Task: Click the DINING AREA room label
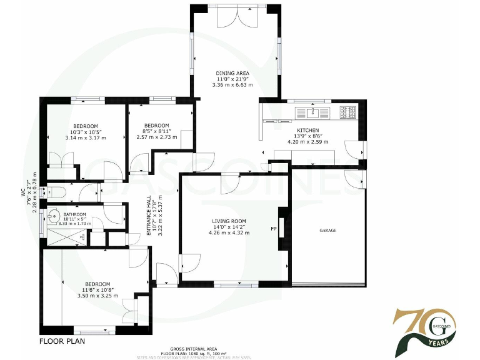tap(233, 73)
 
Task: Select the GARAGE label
tap(327, 231)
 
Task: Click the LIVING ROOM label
tap(229, 221)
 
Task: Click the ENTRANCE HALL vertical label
tap(149, 216)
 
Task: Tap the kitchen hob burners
tap(347, 112)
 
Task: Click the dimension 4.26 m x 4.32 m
tap(229, 233)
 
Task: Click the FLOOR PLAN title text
tap(62, 342)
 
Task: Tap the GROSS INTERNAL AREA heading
tap(193, 348)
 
